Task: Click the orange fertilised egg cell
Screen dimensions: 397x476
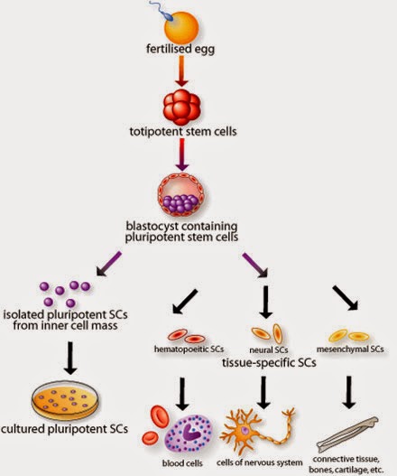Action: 181,28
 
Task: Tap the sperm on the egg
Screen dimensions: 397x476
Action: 165,12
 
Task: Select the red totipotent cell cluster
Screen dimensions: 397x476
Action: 181,107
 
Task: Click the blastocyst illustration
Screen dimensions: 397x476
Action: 181,194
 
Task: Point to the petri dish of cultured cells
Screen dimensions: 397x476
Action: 65,399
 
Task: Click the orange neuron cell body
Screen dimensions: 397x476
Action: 245,431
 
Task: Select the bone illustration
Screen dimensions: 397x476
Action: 347,434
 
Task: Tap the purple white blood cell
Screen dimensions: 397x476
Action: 189,434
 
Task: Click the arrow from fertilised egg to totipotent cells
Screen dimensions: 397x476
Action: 181,71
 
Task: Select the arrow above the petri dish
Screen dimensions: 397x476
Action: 70,359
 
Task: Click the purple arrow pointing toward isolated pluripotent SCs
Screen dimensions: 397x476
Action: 109,264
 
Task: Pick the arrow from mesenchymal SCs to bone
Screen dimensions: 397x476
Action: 349,393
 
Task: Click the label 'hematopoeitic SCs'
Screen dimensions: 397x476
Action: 189,350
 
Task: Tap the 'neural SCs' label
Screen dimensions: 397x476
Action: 268,350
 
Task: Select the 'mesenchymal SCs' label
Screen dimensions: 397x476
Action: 350,350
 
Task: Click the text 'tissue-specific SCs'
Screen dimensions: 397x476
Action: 269,362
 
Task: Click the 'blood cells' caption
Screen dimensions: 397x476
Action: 182,463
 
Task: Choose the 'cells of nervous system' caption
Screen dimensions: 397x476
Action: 260,462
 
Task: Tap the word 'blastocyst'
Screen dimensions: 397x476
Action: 152,227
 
